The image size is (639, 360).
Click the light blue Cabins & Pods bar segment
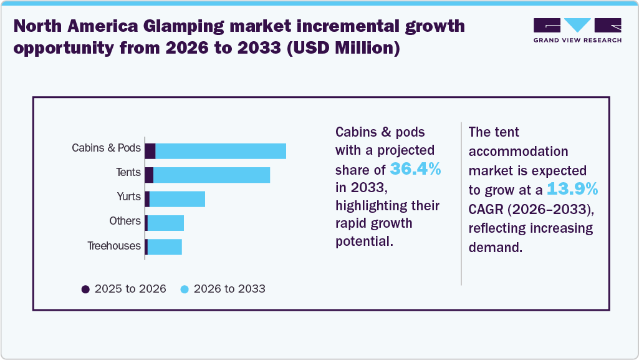221,151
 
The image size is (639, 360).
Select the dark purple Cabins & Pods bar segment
150,151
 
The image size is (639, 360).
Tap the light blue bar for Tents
211,175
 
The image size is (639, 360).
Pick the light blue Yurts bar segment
177,198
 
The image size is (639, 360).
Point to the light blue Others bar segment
166,223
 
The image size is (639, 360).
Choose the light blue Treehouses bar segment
165,246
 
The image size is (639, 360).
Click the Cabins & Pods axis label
106,148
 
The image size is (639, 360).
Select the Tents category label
128,172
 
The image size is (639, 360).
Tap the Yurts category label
128,197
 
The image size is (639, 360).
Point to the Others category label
125,221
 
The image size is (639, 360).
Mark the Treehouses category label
114,245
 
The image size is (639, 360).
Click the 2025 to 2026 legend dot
86,289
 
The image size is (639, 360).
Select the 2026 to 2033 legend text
229,289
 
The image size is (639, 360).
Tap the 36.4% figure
415,168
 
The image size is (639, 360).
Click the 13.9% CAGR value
572,189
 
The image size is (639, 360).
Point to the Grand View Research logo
577,30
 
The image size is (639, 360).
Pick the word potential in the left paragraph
364,241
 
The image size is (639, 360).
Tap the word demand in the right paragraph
494,247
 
